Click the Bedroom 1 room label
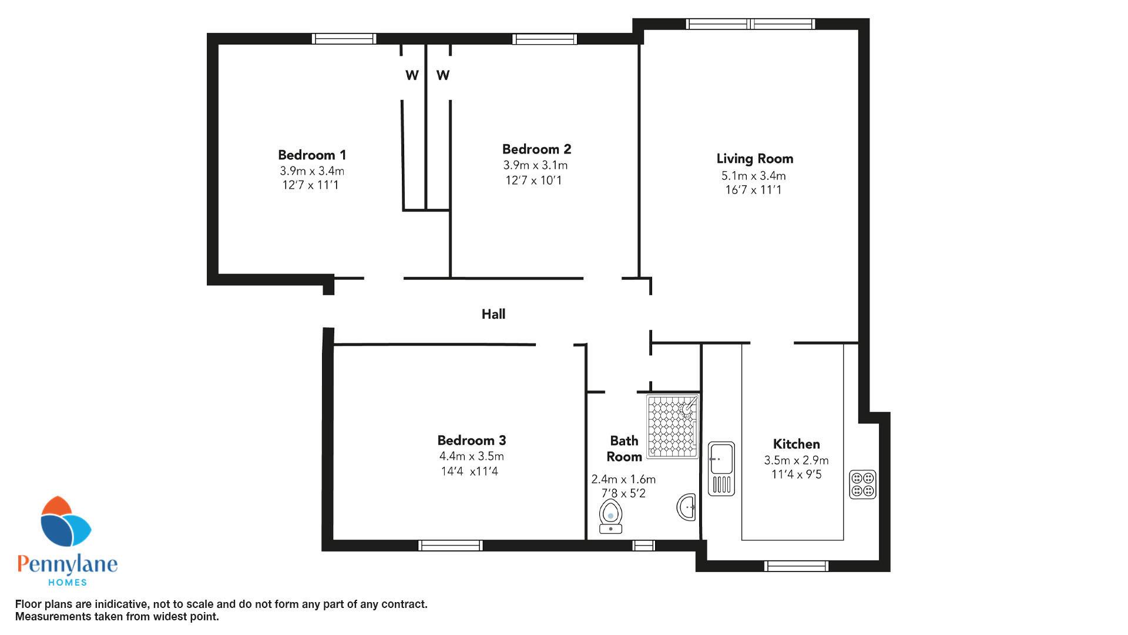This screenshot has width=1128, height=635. pyautogui.click(x=312, y=155)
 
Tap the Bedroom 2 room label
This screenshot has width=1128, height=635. pyautogui.click(x=536, y=149)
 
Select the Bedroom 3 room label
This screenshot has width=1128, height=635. pyautogui.click(x=471, y=440)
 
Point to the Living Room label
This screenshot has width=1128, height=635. pyautogui.click(x=755, y=159)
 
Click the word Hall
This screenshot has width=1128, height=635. pyautogui.click(x=493, y=314)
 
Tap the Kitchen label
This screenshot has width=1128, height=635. pyautogui.click(x=796, y=444)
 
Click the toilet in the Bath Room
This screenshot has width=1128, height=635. pyautogui.click(x=611, y=517)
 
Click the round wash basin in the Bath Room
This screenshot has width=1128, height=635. pyautogui.click(x=687, y=507)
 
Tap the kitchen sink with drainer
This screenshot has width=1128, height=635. pyautogui.click(x=721, y=468)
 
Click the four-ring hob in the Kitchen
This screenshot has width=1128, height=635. pyautogui.click(x=862, y=484)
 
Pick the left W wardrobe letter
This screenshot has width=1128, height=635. pyautogui.click(x=412, y=75)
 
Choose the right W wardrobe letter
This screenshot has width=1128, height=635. pyautogui.click(x=443, y=75)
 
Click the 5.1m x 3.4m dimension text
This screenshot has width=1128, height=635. pyautogui.click(x=754, y=176)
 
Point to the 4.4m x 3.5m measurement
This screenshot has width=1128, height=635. pyautogui.click(x=471, y=456)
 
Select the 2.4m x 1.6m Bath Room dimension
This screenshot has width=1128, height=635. pyautogui.click(x=623, y=479)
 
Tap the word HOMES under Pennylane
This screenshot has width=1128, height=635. pyautogui.click(x=67, y=582)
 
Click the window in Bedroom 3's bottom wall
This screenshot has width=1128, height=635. pyautogui.click(x=451, y=546)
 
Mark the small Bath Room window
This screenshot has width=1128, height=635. pyautogui.click(x=643, y=546)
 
